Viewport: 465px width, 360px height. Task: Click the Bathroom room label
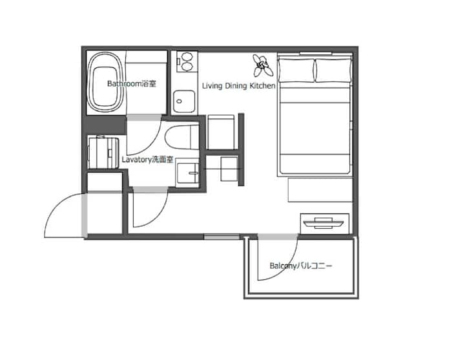131,83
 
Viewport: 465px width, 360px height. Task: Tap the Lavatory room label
147,160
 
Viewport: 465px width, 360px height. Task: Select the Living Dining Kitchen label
239,86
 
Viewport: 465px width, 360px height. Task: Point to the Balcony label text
301,266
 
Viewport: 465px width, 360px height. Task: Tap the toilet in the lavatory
181,138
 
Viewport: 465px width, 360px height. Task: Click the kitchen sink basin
184,101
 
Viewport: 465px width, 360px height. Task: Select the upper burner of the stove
187,56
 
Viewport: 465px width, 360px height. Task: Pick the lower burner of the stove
187,67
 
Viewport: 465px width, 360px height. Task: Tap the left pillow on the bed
296,70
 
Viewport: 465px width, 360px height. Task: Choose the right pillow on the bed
334,70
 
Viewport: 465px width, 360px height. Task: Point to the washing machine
103,153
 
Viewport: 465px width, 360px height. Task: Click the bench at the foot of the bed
320,190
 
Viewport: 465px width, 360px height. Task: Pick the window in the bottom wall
222,237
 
